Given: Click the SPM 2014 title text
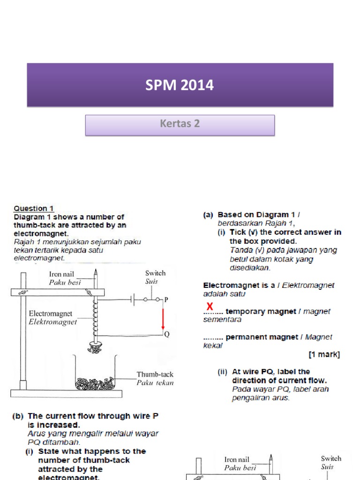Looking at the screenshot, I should [180, 85].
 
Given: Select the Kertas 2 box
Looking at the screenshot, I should [180, 124].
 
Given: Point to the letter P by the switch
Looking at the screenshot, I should [166, 300].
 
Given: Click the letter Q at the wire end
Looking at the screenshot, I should [166, 334].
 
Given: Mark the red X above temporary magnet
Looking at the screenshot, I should [210, 306].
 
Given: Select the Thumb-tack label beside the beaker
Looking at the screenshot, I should [155, 375].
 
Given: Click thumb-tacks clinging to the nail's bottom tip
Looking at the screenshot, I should [95, 347].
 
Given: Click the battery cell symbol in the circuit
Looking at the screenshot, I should [135, 299].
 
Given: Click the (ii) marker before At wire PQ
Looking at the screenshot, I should [222, 372].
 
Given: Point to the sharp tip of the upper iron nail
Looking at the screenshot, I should [95, 271].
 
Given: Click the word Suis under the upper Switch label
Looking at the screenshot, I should [151, 282].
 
